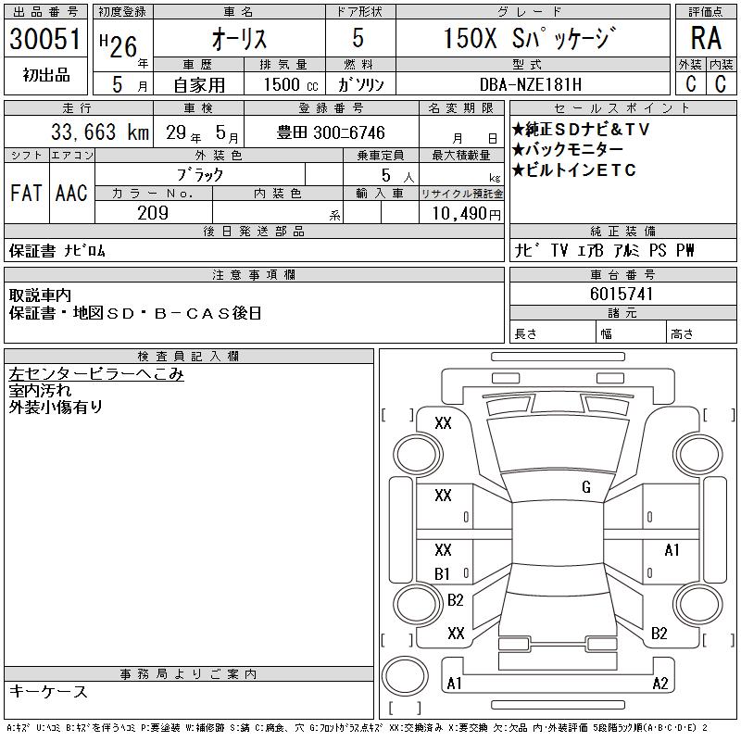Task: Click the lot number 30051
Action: click(45, 39)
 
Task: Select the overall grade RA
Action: click(706, 38)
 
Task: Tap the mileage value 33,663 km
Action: click(100, 132)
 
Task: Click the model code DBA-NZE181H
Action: click(530, 84)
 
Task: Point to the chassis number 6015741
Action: click(622, 294)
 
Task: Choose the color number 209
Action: click(153, 213)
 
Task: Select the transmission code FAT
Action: click(26, 193)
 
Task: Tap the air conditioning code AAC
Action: click(71, 193)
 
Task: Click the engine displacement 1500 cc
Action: click(291, 84)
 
